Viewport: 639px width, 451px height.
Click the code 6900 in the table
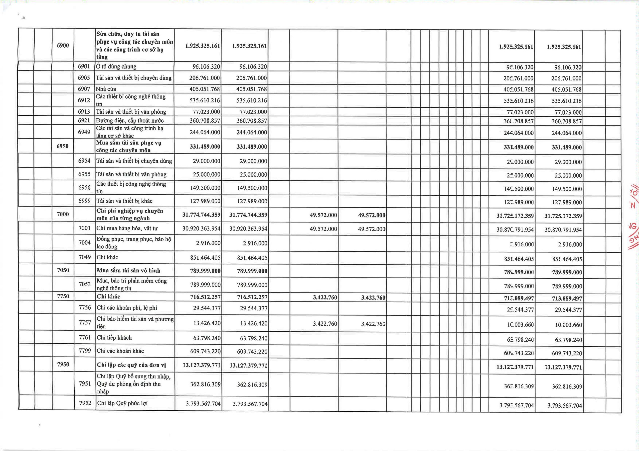(63, 46)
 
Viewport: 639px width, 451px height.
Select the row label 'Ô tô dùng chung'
(116, 67)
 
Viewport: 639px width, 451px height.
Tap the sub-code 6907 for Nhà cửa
(84, 89)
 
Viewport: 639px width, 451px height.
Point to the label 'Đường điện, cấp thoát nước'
(130, 121)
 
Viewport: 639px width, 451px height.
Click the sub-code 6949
(84, 132)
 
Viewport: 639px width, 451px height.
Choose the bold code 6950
(63, 147)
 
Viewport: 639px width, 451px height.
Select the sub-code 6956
(84, 188)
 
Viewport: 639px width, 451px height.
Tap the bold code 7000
(63, 214)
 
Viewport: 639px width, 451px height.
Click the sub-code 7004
(85, 243)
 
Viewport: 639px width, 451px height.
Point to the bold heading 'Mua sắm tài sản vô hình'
(129, 271)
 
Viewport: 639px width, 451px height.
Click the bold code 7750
(63, 296)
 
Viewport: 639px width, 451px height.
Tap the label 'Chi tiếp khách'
(114, 338)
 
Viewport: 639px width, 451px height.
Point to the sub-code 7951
(85, 384)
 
